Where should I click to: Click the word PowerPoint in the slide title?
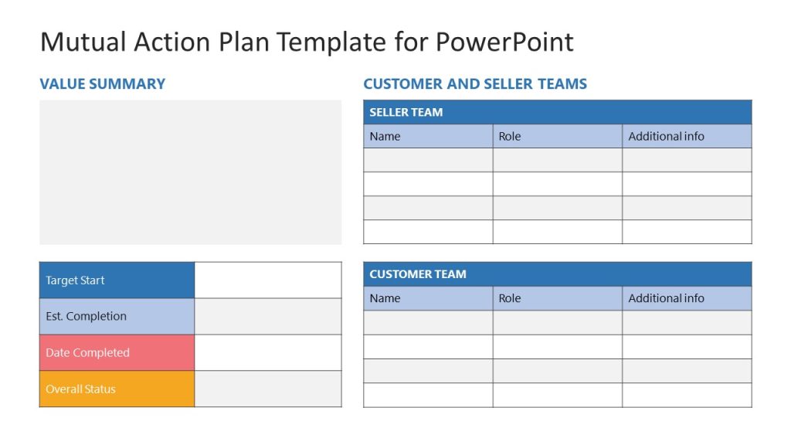(504, 42)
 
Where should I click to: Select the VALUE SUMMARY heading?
(102, 84)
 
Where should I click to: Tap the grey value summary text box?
(190, 172)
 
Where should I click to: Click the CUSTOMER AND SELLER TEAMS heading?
(475, 84)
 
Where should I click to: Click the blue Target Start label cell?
(117, 280)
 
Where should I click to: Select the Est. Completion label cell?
(117, 316)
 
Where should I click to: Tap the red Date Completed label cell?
(117, 352)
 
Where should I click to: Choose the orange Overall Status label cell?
(117, 389)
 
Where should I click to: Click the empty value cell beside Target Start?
(267, 280)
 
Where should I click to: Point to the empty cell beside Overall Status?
(267, 389)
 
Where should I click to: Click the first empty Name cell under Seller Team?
(428, 160)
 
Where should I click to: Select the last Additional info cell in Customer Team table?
(686, 395)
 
